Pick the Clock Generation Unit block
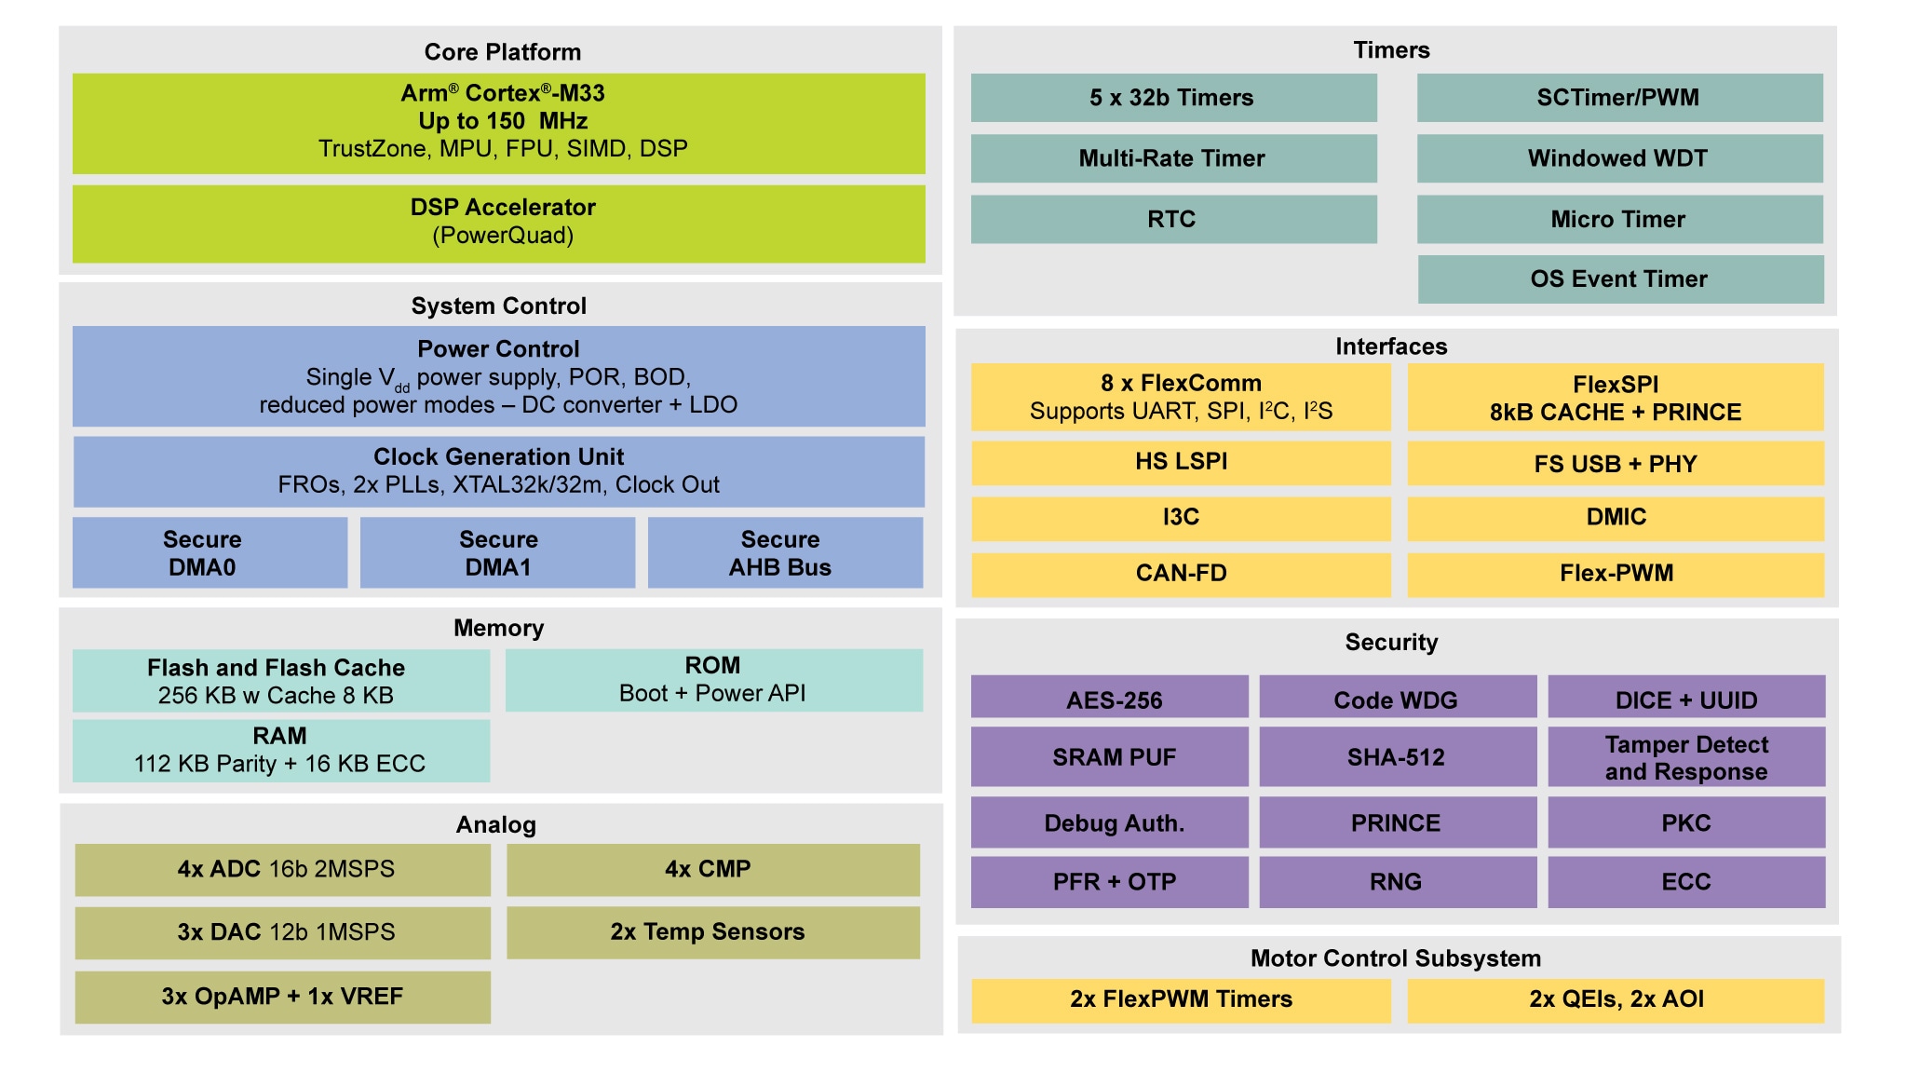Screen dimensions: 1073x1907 499,471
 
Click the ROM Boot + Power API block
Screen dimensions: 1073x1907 713,680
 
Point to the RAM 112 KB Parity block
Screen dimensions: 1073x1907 280,750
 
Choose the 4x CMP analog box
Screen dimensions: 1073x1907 712,869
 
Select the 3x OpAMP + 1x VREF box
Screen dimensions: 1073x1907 282,997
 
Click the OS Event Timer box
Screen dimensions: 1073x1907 1620,279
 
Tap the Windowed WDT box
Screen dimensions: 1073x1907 1619,158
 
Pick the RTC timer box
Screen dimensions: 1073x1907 1173,219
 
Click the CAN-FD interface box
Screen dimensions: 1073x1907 1181,574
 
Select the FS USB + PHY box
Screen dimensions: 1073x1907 1616,464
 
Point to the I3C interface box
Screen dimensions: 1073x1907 1181,518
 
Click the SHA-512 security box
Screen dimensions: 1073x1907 1397,756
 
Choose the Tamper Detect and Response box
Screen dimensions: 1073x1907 1686,756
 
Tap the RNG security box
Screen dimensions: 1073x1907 1397,881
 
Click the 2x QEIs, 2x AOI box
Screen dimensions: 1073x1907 1616,999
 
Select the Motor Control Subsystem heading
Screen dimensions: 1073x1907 1395,958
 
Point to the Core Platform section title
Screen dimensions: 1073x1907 502,52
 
